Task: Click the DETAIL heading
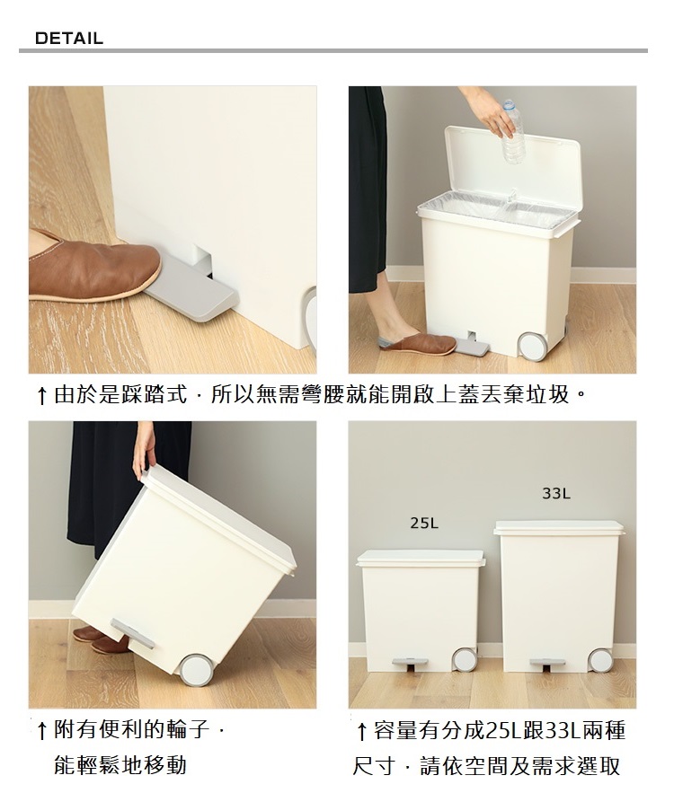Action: pyautogui.click(x=69, y=39)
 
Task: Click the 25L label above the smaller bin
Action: pyautogui.click(x=424, y=523)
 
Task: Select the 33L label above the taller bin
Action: pyautogui.click(x=556, y=493)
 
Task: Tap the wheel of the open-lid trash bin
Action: pyautogui.click(x=532, y=347)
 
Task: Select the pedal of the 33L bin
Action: pyautogui.click(x=547, y=664)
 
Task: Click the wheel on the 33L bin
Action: pyautogui.click(x=600, y=659)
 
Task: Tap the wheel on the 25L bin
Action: pyautogui.click(x=464, y=659)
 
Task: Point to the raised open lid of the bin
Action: pyautogui.click(x=512, y=170)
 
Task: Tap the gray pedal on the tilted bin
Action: pyautogui.click(x=133, y=632)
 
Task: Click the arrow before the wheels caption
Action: pyautogui.click(x=42, y=731)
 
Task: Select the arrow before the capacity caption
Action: pyautogui.click(x=361, y=731)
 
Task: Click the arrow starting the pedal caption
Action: pyautogui.click(x=42, y=396)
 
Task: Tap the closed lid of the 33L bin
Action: pyautogui.click(x=560, y=527)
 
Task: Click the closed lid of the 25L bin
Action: pyautogui.click(x=421, y=558)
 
